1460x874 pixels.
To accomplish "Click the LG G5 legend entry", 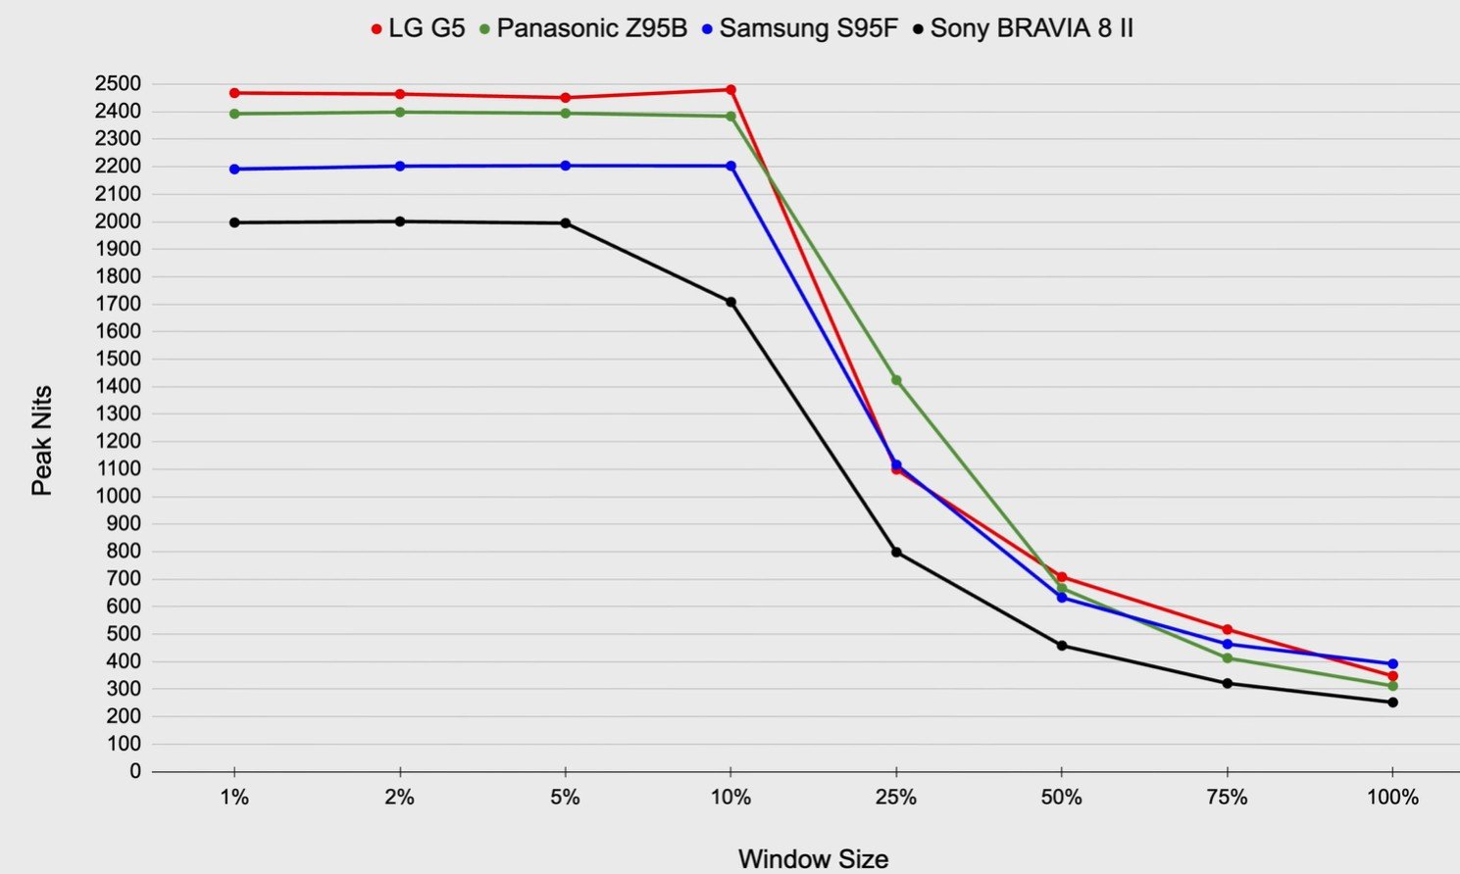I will coord(418,28).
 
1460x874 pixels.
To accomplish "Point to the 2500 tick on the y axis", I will coord(118,84).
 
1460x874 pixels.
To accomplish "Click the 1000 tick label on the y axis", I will coord(118,497).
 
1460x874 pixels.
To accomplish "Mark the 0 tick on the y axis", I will coord(135,772).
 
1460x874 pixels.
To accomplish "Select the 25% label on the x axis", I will coord(896,798).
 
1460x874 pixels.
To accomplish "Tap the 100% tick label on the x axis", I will coord(1392,798).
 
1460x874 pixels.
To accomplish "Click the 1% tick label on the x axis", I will coord(234,798).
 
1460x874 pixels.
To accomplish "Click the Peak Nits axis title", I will coord(41,441).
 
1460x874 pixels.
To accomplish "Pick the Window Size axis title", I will coord(813,859).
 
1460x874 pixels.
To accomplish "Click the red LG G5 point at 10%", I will coord(730,90).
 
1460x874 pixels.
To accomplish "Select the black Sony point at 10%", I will coord(730,302).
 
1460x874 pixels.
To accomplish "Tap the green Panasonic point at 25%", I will coord(896,380).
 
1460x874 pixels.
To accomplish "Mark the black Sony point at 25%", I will coord(896,553).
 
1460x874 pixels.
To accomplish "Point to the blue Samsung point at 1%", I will coord(234,170).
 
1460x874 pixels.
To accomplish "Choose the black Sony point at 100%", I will coord(1392,703).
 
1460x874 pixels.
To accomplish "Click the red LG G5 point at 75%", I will coord(1228,630).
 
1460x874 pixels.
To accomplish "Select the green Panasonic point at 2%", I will coord(400,113).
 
